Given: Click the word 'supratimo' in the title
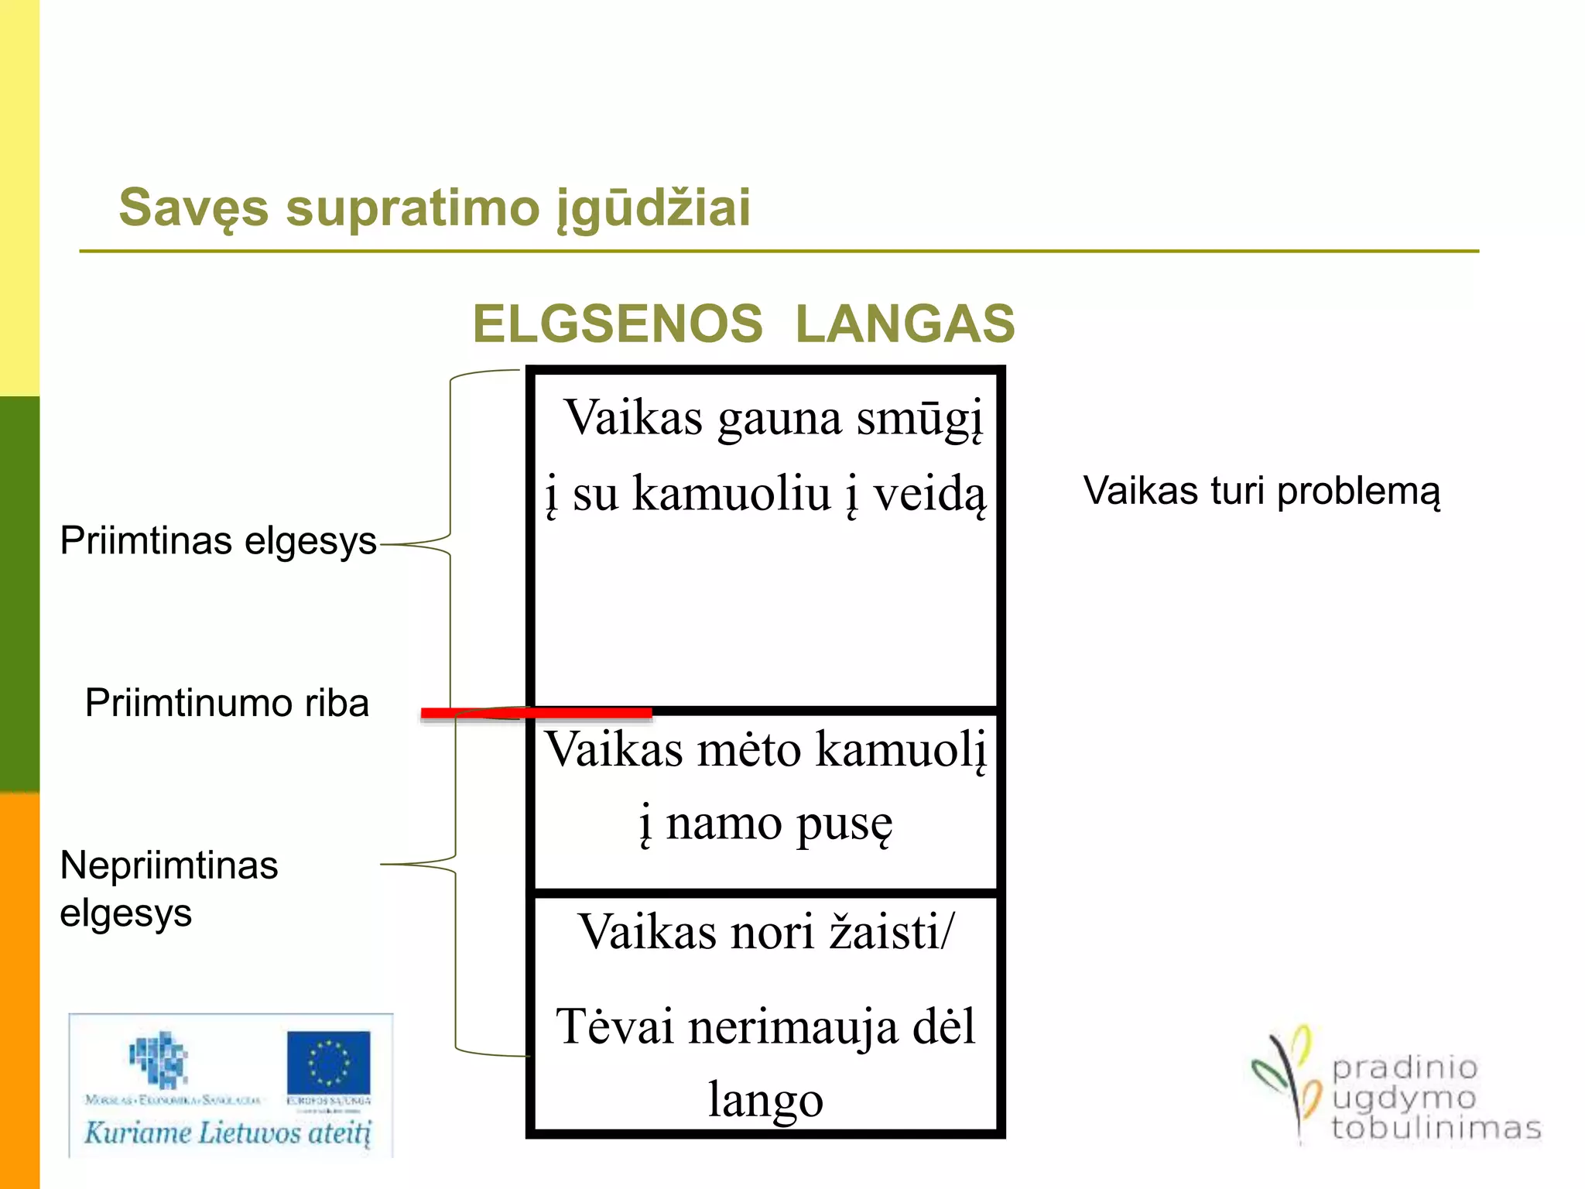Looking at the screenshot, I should pyautogui.click(x=413, y=209).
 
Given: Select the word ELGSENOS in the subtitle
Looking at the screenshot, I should pyautogui.click(x=618, y=324).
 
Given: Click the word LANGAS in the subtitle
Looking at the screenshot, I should pyautogui.click(x=905, y=324).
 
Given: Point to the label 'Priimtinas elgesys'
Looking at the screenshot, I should pyautogui.click(x=218, y=540).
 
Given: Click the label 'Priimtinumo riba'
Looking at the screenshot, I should pyautogui.click(x=227, y=703).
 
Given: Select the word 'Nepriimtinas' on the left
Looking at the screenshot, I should pyautogui.click(x=169, y=865).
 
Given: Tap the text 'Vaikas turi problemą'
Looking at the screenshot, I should pyautogui.click(x=1261, y=491).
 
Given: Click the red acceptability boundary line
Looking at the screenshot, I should pyautogui.click(x=536, y=713).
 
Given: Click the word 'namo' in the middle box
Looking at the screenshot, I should pyautogui.click(x=724, y=823).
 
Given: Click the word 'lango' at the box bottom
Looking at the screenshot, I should pyautogui.click(x=765, y=1100).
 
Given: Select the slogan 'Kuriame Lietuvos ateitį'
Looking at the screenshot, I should pyautogui.click(x=228, y=1133).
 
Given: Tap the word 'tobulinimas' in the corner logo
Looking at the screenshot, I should pyautogui.click(x=1436, y=1128).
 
